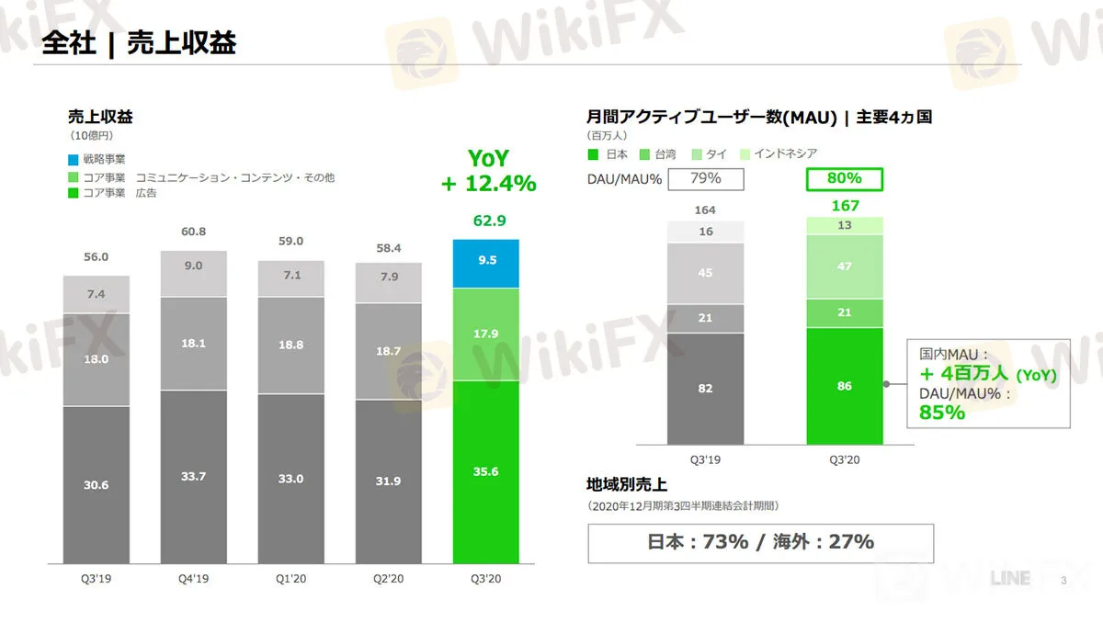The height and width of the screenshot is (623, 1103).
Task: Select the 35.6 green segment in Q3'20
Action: (x=486, y=471)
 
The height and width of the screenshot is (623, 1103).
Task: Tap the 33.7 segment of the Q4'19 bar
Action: (x=194, y=476)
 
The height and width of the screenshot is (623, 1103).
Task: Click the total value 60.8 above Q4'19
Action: (x=194, y=231)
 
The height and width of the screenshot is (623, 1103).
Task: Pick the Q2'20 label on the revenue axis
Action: (x=389, y=579)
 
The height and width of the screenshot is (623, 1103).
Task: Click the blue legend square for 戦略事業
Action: (x=74, y=160)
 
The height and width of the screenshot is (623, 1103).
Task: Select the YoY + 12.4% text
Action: (x=488, y=171)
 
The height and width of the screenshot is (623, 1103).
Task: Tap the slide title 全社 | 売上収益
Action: (x=139, y=42)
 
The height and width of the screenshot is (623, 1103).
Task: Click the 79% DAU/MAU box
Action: (x=706, y=178)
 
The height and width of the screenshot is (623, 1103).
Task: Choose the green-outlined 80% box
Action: (x=845, y=178)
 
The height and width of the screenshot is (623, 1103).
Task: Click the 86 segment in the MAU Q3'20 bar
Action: (x=845, y=386)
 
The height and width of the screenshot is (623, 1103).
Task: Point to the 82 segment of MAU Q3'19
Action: (x=706, y=389)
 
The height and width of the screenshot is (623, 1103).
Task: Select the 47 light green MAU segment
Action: (x=845, y=266)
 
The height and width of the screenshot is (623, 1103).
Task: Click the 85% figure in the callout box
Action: (x=942, y=413)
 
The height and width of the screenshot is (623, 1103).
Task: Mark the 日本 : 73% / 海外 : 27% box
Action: (x=760, y=542)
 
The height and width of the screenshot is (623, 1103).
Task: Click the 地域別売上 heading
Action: (x=626, y=484)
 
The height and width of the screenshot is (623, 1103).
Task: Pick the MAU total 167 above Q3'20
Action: (x=845, y=206)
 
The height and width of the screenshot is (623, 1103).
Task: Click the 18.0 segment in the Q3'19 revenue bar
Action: (x=97, y=359)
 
